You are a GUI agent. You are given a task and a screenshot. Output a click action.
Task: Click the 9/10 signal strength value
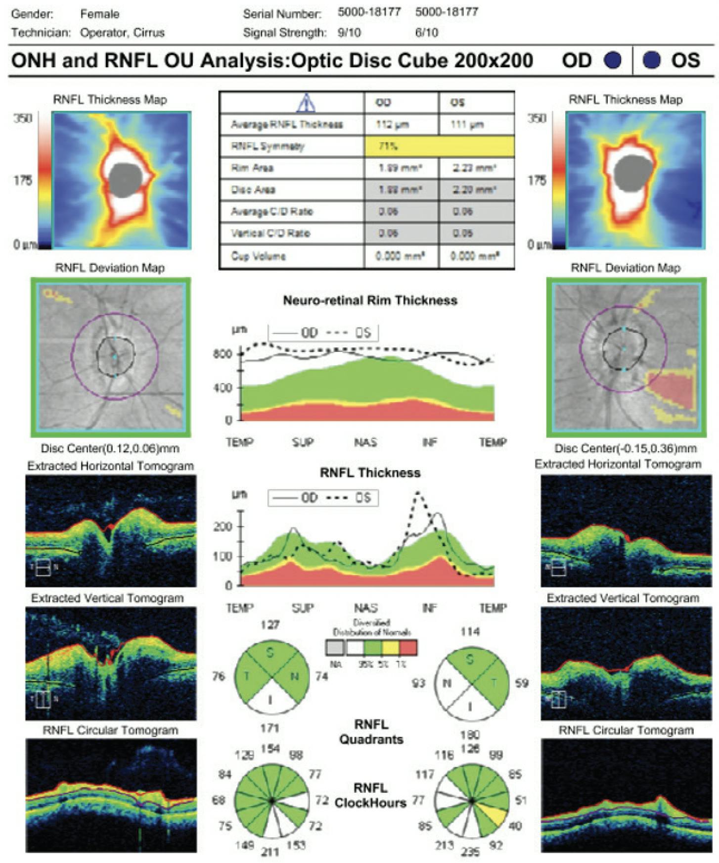tap(350, 33)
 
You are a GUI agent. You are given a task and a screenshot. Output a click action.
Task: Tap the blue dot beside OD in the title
tap(613, 60)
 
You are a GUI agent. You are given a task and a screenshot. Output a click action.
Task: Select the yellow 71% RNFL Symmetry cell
tap(439, 146)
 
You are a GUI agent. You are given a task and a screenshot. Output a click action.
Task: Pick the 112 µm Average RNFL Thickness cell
tap(392, 124)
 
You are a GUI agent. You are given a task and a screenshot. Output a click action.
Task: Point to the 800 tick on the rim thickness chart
tap(223, 354)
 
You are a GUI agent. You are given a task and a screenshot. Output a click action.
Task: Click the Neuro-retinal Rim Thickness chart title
tap(370, 300)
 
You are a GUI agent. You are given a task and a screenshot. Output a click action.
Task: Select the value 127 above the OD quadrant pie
tap(270, 625)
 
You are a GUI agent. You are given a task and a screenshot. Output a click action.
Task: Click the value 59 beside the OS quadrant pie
tap(521, 683)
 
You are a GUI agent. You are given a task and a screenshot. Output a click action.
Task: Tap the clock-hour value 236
tap(470, 852)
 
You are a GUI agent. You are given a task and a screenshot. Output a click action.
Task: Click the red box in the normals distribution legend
tap(408, 647)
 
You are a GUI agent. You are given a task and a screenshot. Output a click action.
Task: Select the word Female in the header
tap(99, 14)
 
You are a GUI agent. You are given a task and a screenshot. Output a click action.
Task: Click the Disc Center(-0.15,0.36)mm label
tap(625, 448)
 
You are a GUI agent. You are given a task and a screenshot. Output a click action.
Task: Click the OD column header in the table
tap(383, 102)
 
